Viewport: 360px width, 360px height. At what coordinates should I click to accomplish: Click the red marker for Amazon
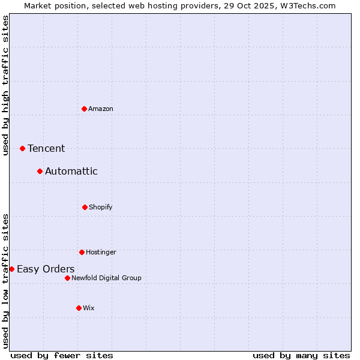coord(84,109)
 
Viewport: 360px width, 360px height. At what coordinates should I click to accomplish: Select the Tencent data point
coord(22,148)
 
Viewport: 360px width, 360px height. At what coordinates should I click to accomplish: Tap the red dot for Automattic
coord(40,171)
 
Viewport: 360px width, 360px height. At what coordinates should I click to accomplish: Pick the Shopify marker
coord(85,207)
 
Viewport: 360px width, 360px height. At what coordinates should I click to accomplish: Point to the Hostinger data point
coord(82,252)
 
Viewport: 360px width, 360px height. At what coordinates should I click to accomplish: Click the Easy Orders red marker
coord(11,269)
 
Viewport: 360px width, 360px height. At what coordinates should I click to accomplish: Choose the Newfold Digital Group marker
coord(67,278)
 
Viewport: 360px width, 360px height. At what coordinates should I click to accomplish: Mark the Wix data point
coord(79,308)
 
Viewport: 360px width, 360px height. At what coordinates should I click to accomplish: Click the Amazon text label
coord(101,109)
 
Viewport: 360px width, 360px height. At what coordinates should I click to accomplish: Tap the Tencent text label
coord(46,148)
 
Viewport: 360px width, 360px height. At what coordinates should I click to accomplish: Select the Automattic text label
coord(71,171)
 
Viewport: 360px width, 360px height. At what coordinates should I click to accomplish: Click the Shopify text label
coord(101,207)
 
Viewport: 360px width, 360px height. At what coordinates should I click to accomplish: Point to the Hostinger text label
coord(101,252)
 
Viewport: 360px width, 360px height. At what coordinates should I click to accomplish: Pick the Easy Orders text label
coord(46,269)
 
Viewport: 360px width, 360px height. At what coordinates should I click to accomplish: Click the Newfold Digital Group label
coord(107,278)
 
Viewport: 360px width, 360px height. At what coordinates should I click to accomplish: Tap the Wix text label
coord(89,308)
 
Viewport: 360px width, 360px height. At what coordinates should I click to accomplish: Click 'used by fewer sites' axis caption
coord(62,355)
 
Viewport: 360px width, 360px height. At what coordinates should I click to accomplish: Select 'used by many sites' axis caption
coord(301,355)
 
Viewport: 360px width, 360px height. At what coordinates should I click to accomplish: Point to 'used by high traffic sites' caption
coord(5,85)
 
